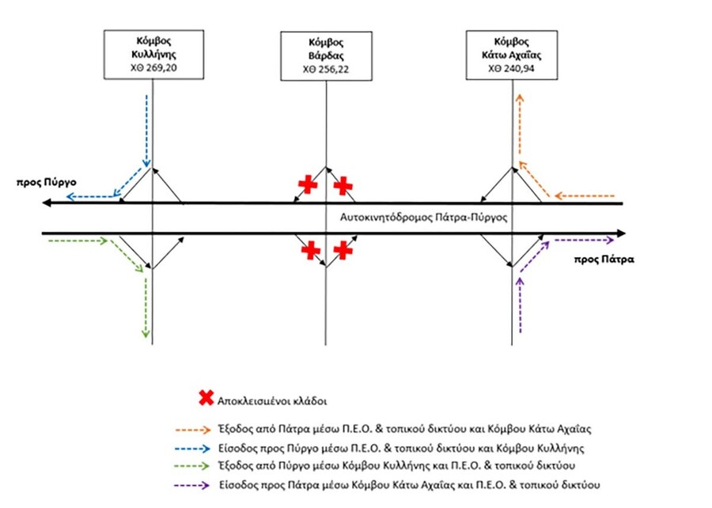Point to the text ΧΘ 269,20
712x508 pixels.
click(x=153, y=68)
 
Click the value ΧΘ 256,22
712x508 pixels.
click(x=326, y=70)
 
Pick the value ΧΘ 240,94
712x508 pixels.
click(x=511, y=69)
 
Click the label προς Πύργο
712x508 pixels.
click(x=47, y=183)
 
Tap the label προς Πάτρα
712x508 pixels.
click(x=604, y=260)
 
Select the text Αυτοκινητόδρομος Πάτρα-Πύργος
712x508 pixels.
click(x=423, y=218)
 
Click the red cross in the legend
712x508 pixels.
click(x=206, y=398)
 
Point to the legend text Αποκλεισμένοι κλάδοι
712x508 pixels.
click(x=271, y=401)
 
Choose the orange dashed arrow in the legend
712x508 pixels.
click(x=192, y=430)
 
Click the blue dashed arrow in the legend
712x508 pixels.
click(x=192, y=449)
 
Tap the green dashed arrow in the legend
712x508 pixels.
click(x=192, y=466)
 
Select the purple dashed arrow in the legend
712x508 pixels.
click(x=192, y=485)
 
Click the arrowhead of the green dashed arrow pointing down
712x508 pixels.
click(x=146, y=334)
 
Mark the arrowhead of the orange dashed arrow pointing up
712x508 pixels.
click(x=521, y=98)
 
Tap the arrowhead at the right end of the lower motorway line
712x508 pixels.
click(x=621, y=233)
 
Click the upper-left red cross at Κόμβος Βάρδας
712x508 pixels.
click(x=308, y=184)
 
